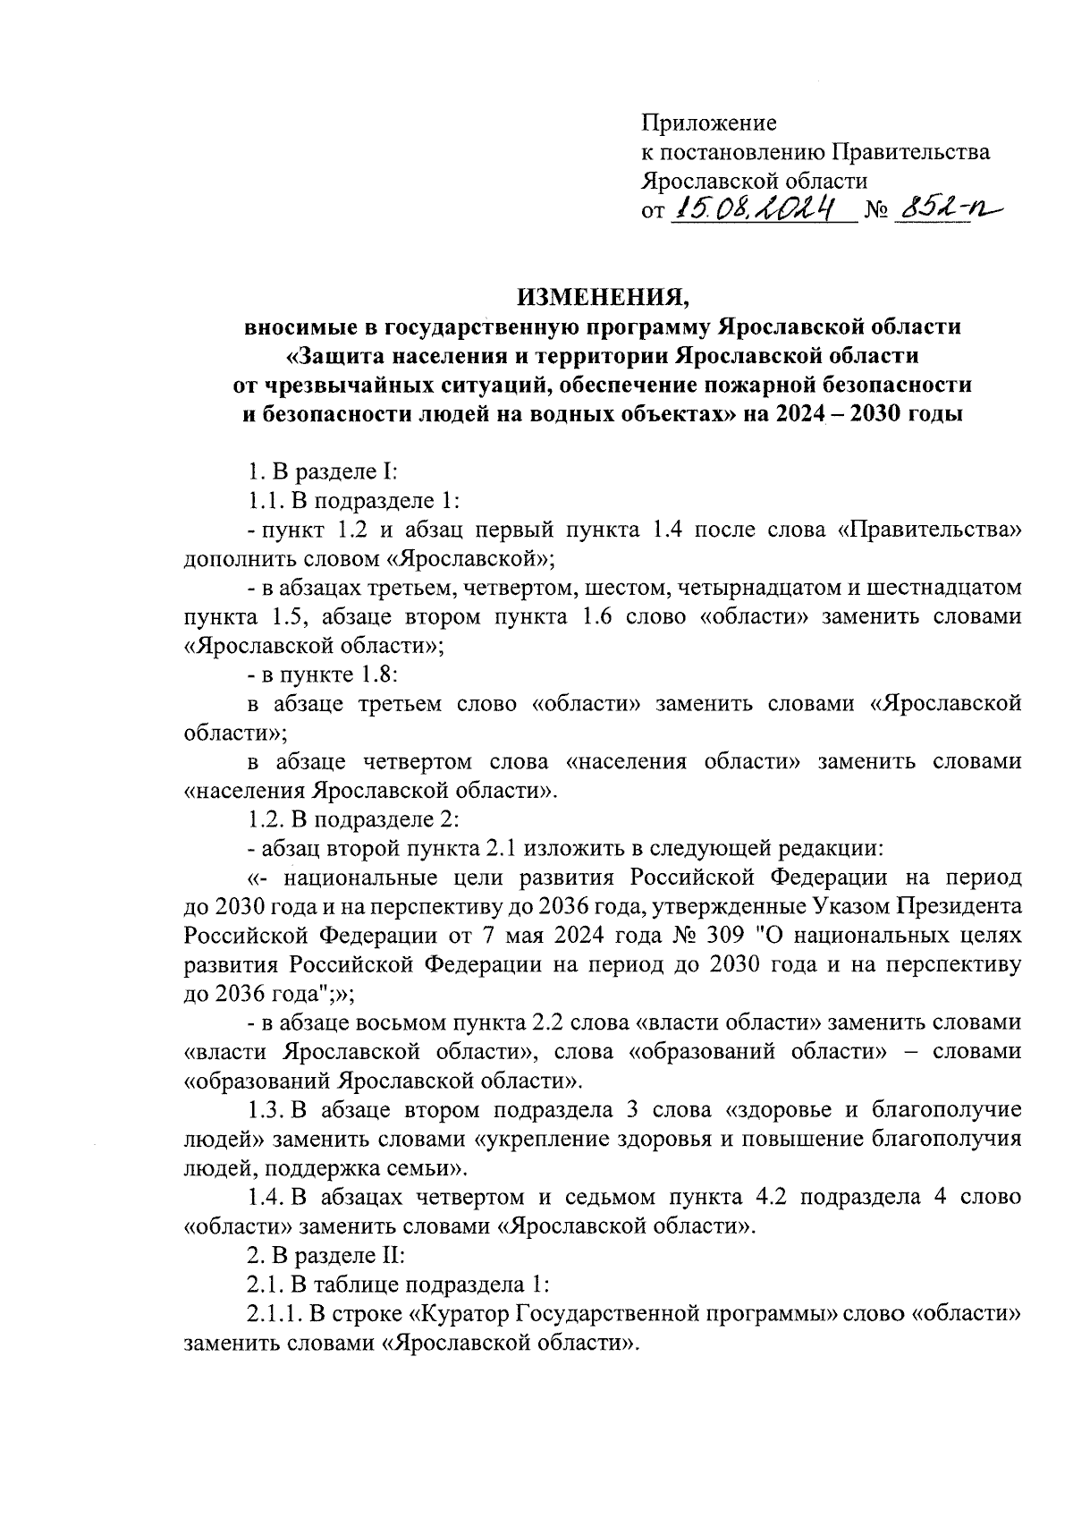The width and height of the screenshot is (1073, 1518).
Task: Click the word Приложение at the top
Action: (x=709, y=123)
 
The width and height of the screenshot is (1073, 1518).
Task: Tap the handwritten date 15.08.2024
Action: (x=759, y=209)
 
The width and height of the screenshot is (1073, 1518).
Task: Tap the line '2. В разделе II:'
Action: (x=326, y=1255)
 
